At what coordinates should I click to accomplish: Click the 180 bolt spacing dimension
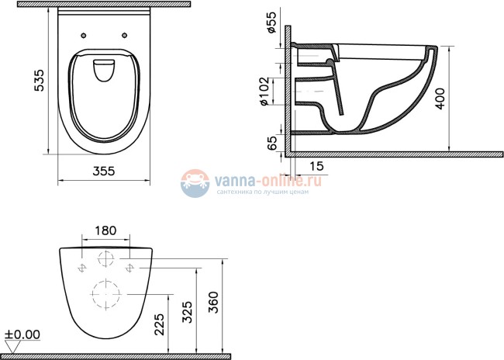tap(106, 230)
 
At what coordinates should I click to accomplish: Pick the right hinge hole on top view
tap(124, 35)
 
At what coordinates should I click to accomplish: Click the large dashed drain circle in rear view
tap(106, 293)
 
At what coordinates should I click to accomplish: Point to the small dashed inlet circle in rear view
tap(107, 258)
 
